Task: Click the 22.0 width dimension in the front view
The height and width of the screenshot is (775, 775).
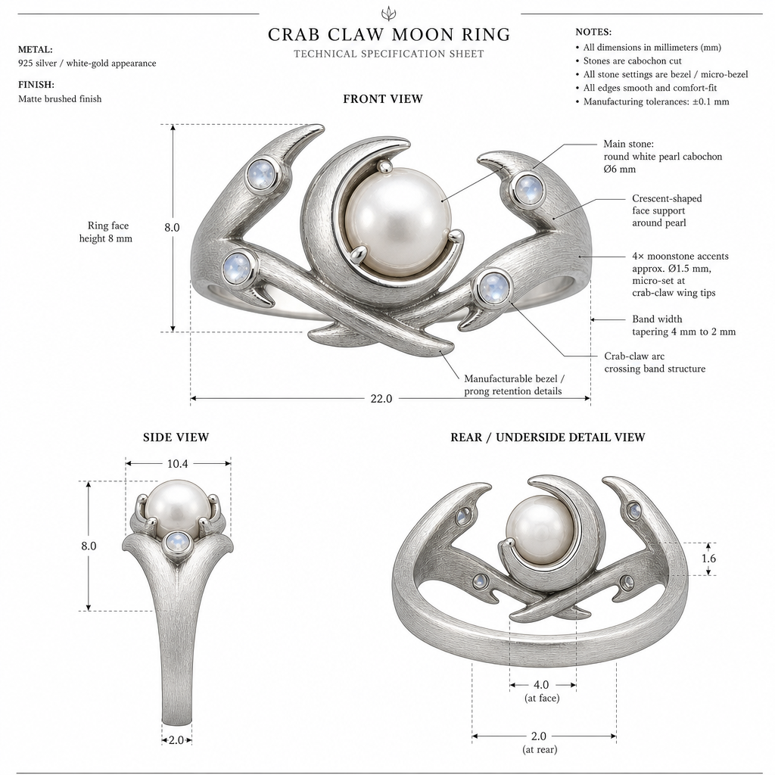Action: pos(381,398)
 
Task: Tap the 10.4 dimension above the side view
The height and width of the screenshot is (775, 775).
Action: pos(177,464)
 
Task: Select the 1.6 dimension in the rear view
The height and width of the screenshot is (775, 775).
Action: pos(708,559)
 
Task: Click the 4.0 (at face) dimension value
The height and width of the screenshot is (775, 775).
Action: pos(541,684)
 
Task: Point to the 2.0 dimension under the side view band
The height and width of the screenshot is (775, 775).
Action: pos(176,740)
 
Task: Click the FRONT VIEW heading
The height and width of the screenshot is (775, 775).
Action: pos(383,99)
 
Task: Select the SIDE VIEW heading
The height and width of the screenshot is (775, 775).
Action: pos(176,437)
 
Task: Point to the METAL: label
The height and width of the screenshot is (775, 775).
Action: pos(35,49)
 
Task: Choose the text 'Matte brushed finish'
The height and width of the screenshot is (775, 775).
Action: pos(60,99)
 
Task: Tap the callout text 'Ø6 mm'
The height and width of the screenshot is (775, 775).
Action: pos(619,169)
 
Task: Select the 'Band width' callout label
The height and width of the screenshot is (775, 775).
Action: pos(657,319)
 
